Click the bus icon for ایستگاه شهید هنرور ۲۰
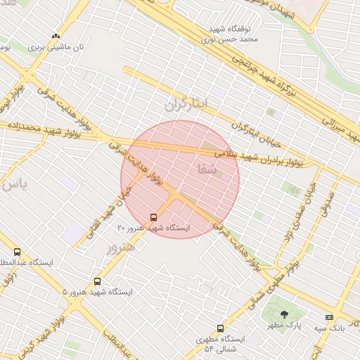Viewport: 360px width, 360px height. (x=154, y=217)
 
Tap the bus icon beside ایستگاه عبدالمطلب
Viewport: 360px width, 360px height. (x=17, y=252)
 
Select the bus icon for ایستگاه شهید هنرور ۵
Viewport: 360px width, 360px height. (x=96, y=281)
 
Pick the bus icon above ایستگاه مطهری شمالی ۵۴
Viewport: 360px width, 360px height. (x=220, y=328)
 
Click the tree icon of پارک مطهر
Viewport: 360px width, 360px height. (x=284, y=314)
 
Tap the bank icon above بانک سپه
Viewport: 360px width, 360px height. (x=328, y=317)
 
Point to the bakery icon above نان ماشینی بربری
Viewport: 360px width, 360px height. (x=56, y=36)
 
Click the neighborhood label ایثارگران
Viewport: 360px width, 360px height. (x=187, y=105)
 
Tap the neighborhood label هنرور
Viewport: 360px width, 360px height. (x=120, y=247)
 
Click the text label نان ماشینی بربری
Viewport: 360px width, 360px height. (x=56, y=47)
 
